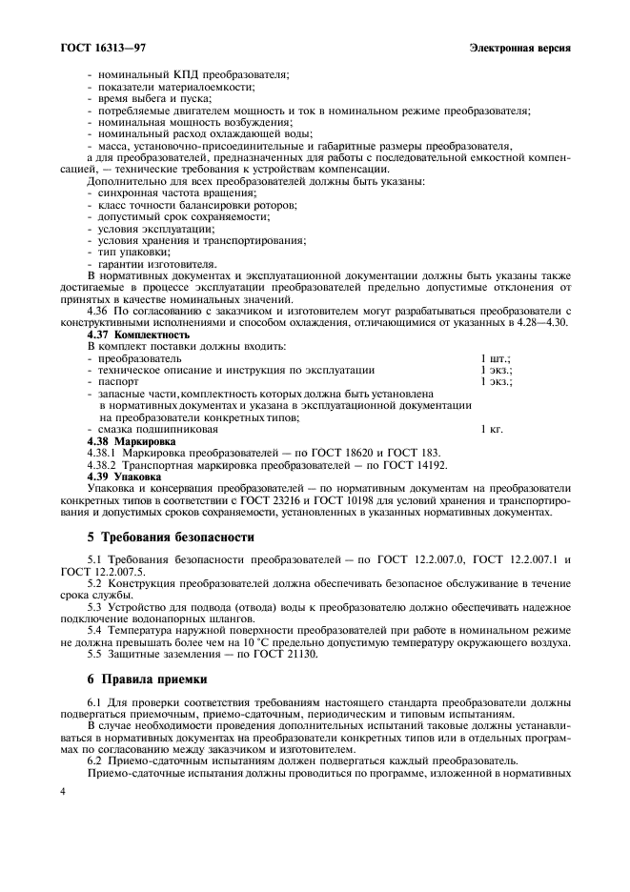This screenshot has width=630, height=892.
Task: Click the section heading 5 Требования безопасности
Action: point(171,537)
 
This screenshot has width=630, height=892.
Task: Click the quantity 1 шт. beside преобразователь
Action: point(495,357)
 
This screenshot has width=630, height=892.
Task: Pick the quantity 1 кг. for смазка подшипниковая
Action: point(491,431)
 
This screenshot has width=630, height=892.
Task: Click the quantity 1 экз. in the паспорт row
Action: point(496,381)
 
